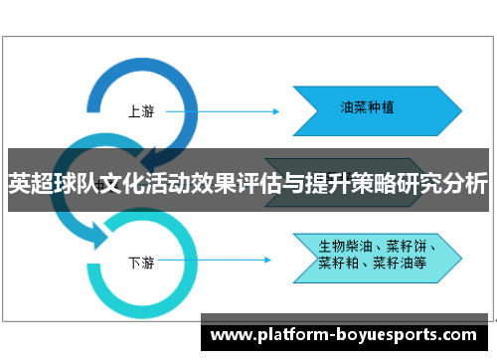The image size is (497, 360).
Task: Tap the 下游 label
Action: (141, 236)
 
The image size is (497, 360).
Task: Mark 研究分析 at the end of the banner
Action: (452, 184)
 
